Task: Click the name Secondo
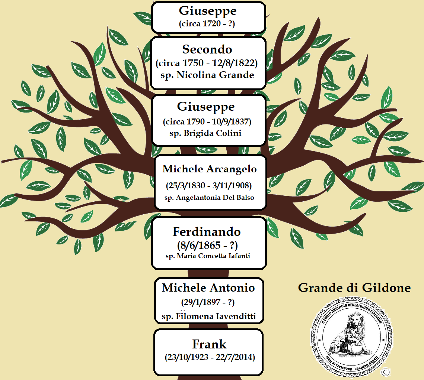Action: [207, 49]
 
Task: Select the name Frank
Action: [209, 344]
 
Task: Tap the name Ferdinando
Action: [207, 231]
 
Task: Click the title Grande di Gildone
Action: [354, 288]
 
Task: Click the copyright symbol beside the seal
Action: [385, 372]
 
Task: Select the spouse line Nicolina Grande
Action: [207, 75]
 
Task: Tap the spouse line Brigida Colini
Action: [205, 133]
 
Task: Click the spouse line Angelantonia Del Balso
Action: [209, 198]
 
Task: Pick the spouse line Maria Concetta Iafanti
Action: [208, 256]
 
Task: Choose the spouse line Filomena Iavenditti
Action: [209, 316]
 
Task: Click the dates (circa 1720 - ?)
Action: [207, 24]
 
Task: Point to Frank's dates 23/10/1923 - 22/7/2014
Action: [210, 357]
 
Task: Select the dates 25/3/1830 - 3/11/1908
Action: [209, 186]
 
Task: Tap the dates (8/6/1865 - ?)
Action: [207, 246]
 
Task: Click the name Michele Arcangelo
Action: [210, 169]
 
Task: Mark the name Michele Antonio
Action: [208, 288]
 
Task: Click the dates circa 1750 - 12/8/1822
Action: [207, 63]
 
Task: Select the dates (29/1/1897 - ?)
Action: [208, 302]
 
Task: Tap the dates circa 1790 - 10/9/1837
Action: [207, 122]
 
